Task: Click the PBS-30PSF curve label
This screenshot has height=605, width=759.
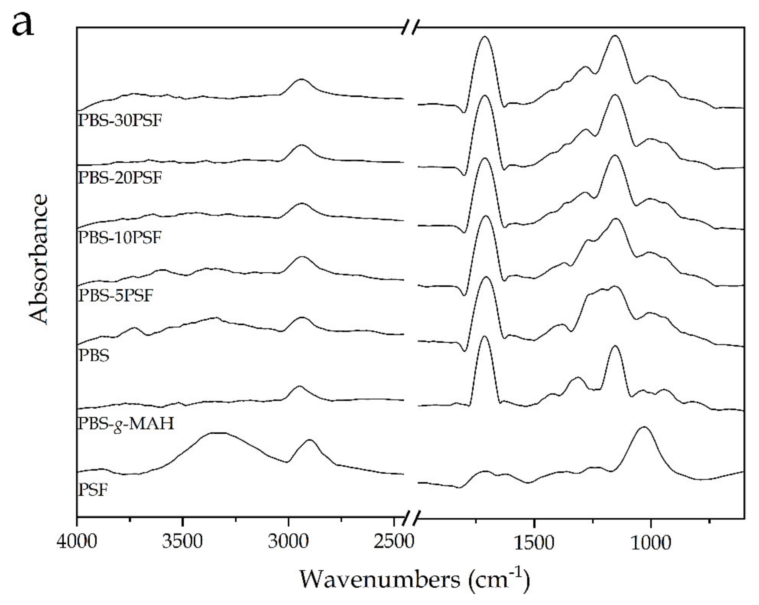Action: click(x=120, y=121)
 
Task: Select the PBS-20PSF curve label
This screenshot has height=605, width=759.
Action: click(x=120, y=178)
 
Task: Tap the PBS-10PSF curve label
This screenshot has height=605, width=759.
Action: click(x=120, y=238)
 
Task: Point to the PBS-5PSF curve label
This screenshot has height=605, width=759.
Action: click(x=116, y=295)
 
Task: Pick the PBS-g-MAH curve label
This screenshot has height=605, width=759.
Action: click(x=126, y=423)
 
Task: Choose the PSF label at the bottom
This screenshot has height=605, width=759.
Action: click(x=93, y=489)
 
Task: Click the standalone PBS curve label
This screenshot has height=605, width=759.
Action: click(x=94, y=356)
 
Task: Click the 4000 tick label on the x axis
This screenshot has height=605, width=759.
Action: click(x=77, y=541)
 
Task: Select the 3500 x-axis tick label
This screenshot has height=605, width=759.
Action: click(x=182, y=541)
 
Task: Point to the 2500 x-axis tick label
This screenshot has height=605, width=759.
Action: click(x=394, y=541)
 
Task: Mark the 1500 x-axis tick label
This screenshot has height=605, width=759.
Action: click(x=534, y=541)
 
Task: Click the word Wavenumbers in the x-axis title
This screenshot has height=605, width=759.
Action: click(x=380, y=579)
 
